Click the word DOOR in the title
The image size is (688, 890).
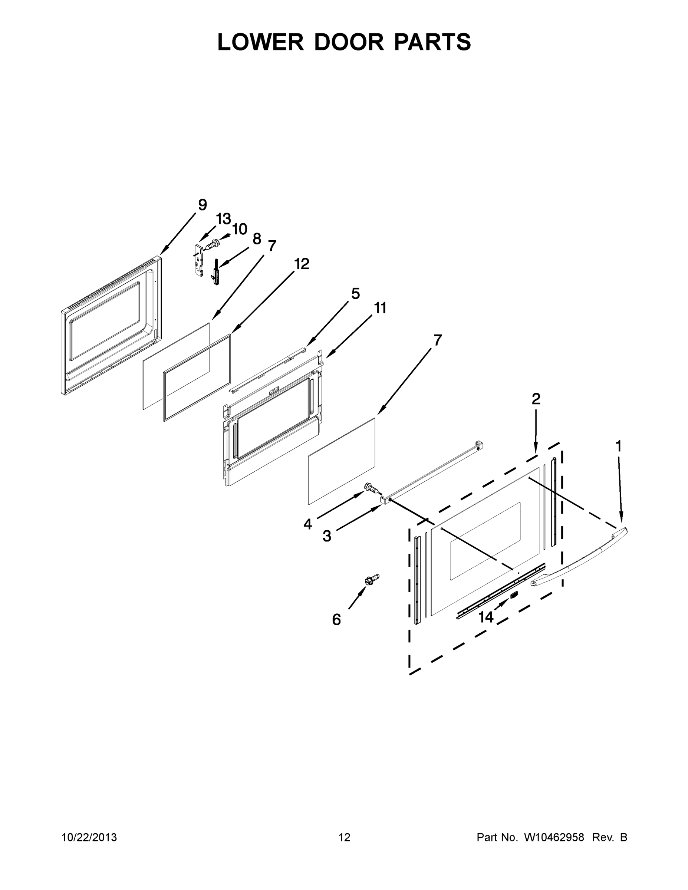[x=349, y=42]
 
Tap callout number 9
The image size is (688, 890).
[x=202, y=205]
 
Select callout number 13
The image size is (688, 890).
[x=223, y=219]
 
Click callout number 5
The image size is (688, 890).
[x=355, y=293]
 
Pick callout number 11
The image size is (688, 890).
[x=380, y=308]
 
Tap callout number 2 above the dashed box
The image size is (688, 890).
[x=536, y=399]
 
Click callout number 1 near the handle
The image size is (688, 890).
[x=618, y=446]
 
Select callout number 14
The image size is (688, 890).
[x=486, y=617]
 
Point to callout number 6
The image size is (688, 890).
[x=336, y=620]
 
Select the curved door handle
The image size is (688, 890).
[x=579, y=558]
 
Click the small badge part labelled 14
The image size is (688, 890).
[x=514, y=595]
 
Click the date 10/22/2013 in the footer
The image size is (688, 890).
[x=89, y=837]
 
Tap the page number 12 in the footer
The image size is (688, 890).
[x=345, y=837]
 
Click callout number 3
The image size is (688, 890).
[x=327, y=536]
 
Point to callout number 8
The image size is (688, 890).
[x=257, y=239]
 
